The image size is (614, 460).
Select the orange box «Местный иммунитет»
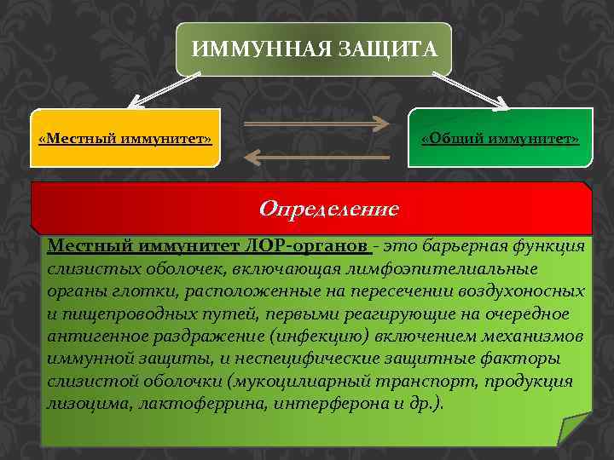coord(125,137)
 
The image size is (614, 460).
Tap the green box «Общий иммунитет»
coord(501,137)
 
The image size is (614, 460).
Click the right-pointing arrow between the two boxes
coord(317,125)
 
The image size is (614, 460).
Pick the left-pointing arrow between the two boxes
coord(317,156)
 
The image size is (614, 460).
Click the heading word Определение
coord(328,208)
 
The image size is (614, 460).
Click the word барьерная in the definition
coord(467,246)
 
